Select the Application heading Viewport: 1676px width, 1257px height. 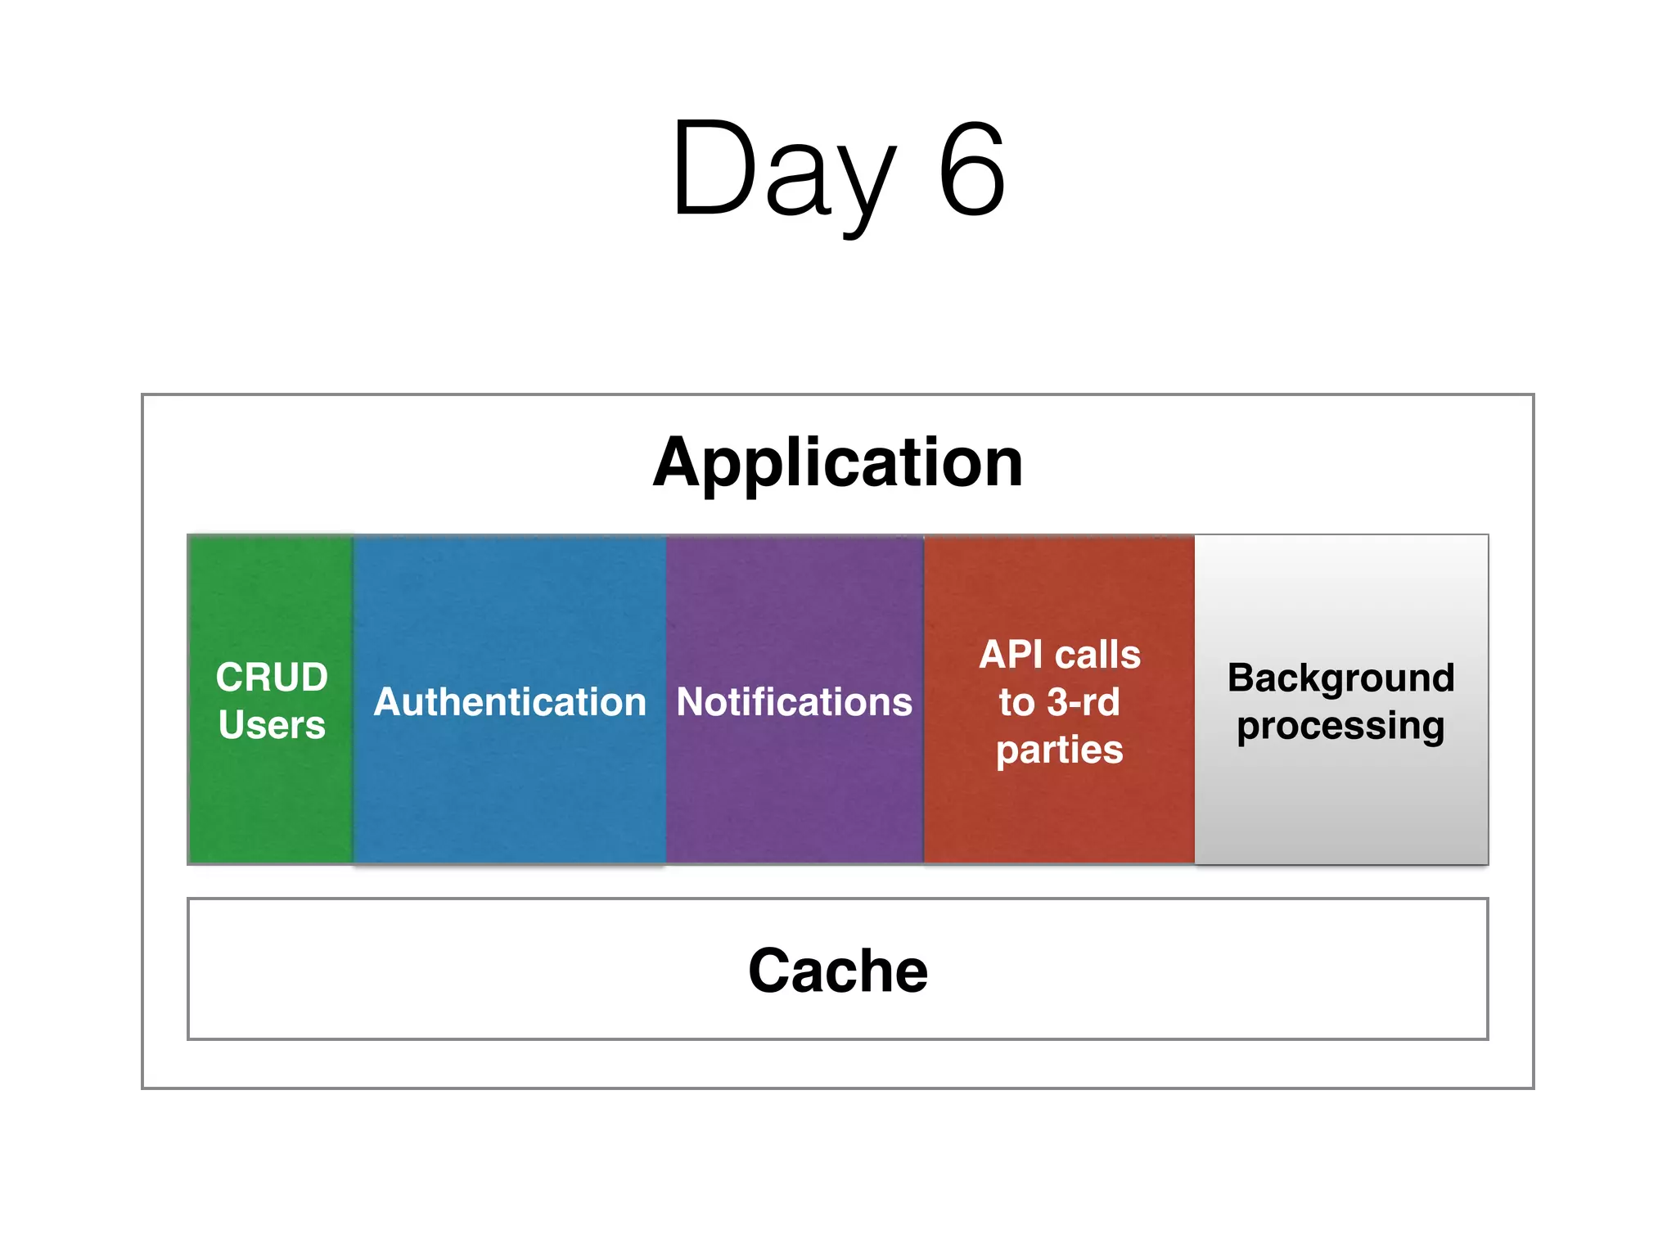pos(837,463)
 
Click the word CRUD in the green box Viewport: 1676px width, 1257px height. pos(272,678)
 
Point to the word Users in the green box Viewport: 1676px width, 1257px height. pos(272,725)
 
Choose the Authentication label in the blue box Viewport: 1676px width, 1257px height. pos(510,702)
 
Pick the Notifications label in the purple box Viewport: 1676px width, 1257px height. pos(794,702)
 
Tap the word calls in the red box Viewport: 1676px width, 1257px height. pos(1098,655)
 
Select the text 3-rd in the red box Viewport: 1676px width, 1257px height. pos(1084,702)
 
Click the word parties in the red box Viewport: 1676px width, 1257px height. pos(1060,750)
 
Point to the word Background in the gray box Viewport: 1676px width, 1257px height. pos(1340,678)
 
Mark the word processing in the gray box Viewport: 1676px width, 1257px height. pos(1340,727)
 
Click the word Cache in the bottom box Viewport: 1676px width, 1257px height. pos(837,971)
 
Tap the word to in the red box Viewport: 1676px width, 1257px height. pos(1017,703)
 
